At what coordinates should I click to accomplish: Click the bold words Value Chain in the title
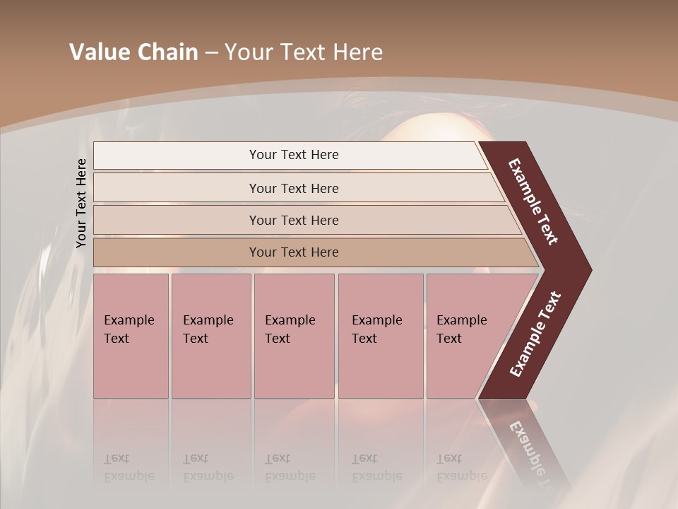coord(133,52)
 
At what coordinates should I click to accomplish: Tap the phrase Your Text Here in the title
coord(304,52)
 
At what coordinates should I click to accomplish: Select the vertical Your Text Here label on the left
coord(81,204)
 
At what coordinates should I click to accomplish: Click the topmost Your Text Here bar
coord(294,155)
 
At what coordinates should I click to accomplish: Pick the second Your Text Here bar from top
coord(294,188)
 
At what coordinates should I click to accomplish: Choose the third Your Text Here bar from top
coord(294,220)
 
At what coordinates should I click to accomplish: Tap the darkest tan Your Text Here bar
coord(294,252)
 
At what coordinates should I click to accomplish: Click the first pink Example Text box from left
coord(131,336)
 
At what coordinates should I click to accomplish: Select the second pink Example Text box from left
coord(210,336)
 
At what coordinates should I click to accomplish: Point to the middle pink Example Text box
coord(294,336)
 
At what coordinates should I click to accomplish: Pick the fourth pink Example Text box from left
coord(380,336)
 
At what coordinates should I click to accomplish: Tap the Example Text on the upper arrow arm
coord(533,201)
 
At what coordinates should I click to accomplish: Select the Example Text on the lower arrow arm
coord(535,334)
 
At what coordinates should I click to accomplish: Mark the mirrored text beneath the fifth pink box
coord(461,467)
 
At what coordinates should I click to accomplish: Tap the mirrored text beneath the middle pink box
coord(290,467)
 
